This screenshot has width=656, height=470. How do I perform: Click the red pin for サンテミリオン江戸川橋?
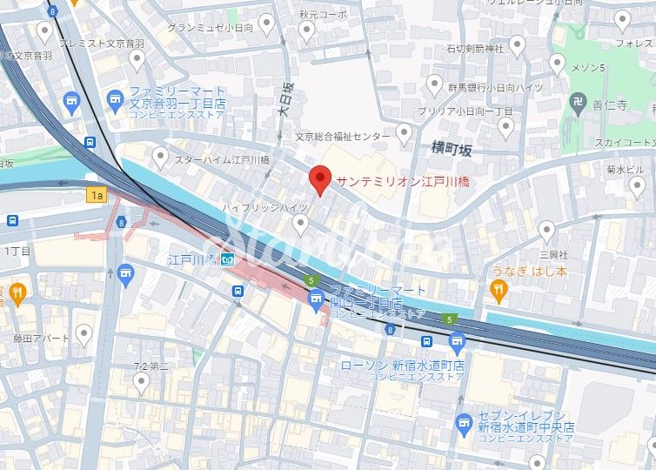tap(320, 178)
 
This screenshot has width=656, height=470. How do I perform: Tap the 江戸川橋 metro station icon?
tap(227, 260)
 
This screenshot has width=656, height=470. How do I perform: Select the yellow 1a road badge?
tap(97, 196)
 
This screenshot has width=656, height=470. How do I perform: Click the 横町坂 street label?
tap(452, 150)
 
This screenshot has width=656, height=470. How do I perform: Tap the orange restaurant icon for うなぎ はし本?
tap(498, 292)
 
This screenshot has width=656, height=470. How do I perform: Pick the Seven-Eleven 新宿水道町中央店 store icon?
tap(464, 424)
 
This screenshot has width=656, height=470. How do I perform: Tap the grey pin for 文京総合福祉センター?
tap(403, 133)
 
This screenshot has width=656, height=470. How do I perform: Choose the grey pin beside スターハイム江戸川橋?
tap(160, 157)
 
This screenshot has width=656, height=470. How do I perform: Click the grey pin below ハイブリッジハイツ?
tap(301, 225)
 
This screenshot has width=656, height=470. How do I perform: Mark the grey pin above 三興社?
tap(546, 231)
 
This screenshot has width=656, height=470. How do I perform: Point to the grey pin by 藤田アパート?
tap(84, 333)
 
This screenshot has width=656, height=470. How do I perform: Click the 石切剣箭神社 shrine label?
tap(475, 48)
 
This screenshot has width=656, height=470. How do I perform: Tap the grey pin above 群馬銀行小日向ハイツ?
tap(435, 84)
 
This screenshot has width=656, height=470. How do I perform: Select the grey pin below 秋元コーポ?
tap(306, 32)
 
